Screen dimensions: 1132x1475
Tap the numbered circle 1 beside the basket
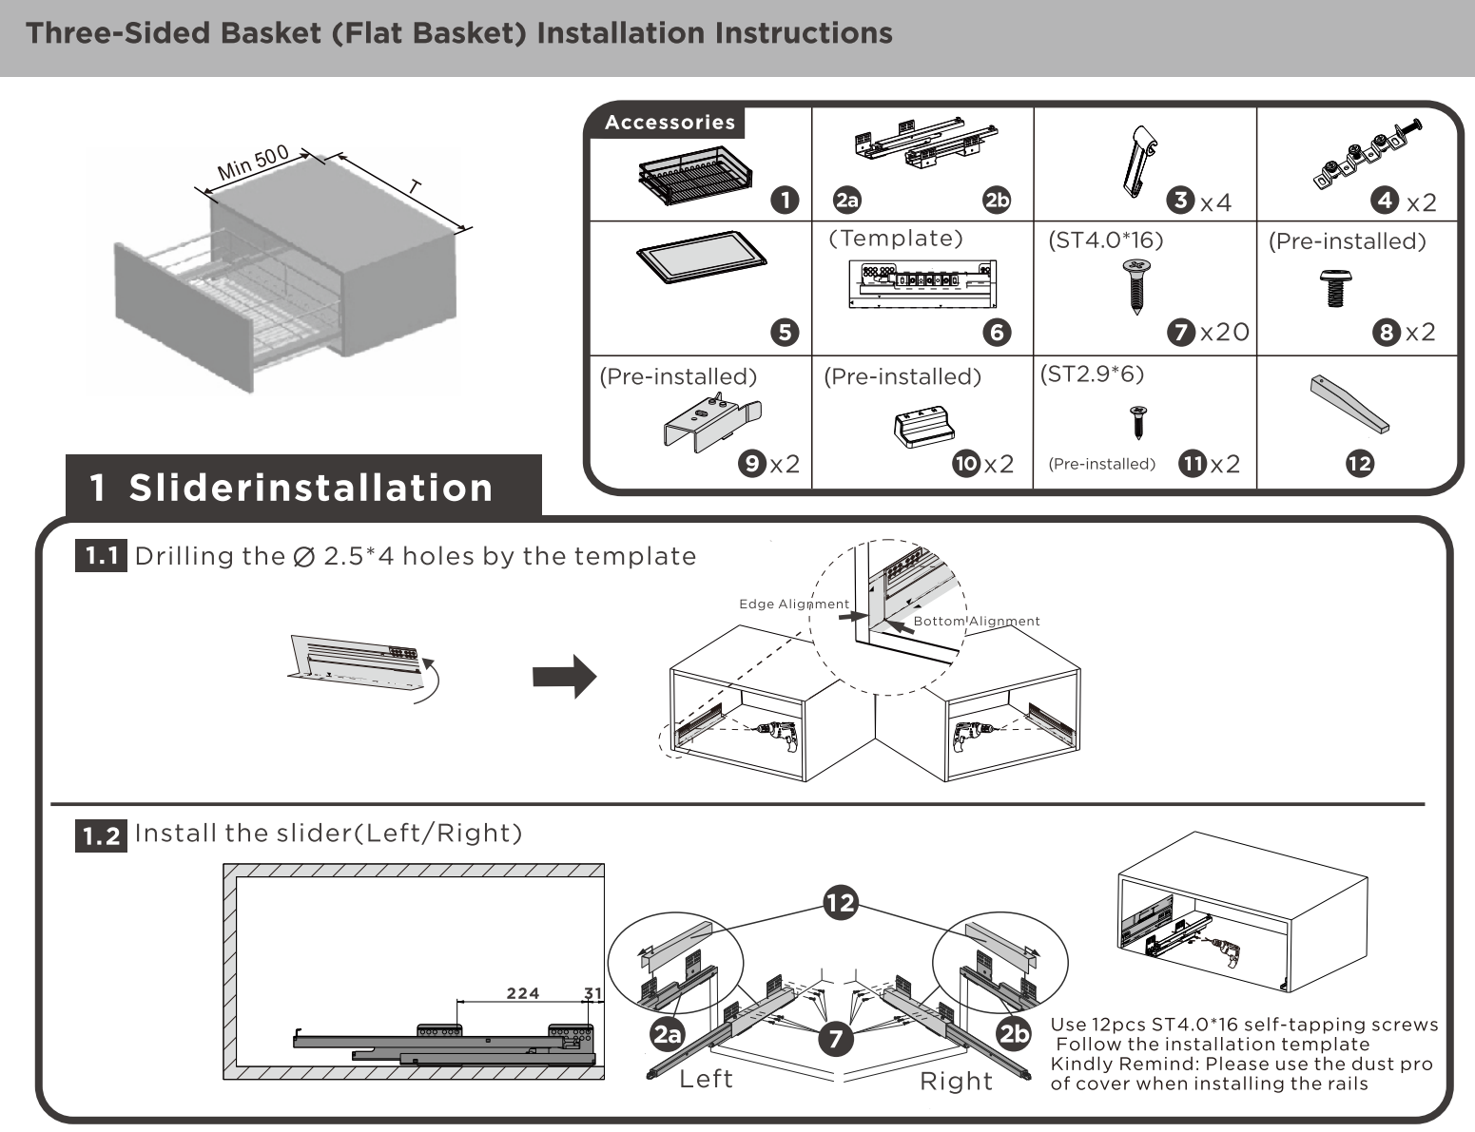[785, 200]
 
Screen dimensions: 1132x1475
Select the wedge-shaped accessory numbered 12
[1349, 403]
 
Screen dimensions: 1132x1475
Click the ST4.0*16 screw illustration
[1135, 286]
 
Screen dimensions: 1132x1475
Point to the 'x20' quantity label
[1225, 332]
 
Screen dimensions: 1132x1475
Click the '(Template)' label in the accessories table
[896, 239]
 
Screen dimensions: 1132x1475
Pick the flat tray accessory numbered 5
[702, 258]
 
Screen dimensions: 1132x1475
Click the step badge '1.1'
[101, 556]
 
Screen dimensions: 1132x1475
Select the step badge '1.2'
[101, 835]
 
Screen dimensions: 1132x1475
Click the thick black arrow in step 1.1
[564, 677]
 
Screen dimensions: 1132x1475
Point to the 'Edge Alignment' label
[793, 604]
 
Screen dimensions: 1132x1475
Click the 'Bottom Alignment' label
[977, 622]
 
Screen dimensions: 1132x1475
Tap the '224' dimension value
[522, 993]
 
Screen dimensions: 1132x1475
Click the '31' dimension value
[593, 993]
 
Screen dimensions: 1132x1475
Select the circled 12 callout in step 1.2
[841, 902]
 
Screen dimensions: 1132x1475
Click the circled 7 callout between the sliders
[835, 1038]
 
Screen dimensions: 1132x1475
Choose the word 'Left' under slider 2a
[706, 1079]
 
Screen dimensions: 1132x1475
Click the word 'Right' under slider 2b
[956, 1081]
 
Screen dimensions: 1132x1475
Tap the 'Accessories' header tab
[670, 123]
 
